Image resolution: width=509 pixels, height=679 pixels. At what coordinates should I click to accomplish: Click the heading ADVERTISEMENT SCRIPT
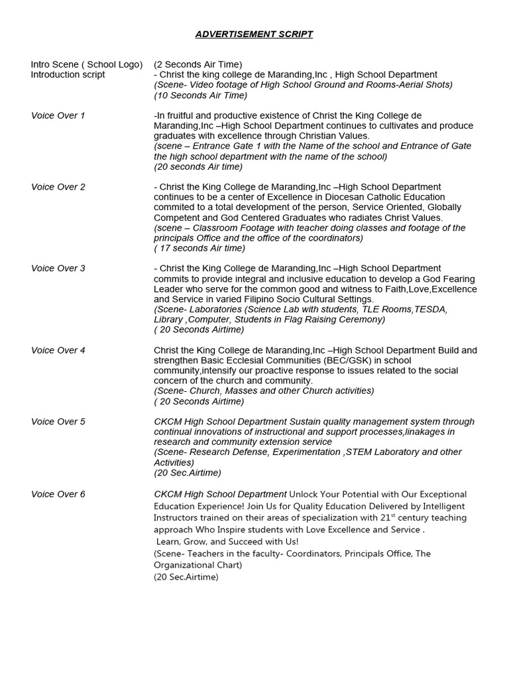pyautogui.click(x=254, y=34)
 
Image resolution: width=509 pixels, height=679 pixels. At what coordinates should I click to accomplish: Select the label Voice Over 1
pyautogui.click(x=58, y=115)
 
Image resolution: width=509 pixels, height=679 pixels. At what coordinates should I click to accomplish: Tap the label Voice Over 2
pyautogui.click(x=58, y=187)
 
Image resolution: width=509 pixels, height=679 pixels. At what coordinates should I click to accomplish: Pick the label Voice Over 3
pyautogui.click(x=58, y=269)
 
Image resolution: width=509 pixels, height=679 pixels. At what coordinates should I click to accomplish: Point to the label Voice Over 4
pyautogui.click(x=58, y=350)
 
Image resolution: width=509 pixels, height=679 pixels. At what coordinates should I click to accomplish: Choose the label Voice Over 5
pyautogui.click(x=58, y=422)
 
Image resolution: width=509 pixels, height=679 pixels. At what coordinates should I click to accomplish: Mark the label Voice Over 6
pyautogui.click(x=58, y=494)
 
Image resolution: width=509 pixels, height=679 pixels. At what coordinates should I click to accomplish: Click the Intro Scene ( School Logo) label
pyautogui.click(x=87, y=64)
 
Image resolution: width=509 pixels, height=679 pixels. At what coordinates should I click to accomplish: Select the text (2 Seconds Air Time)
pyautogui.click(x=198, y=64)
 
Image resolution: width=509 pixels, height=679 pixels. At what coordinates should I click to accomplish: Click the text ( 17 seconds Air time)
pyautogui.click(x=199, y=248)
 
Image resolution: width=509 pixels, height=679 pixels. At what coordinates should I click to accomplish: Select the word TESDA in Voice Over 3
pyautogui.click(x=431, y=309)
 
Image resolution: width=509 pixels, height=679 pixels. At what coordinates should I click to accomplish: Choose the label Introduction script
pyautogui.click(x=68, y=74)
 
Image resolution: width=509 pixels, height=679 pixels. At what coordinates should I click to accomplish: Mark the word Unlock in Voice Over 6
pyautogui.click(x=304, y=494)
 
